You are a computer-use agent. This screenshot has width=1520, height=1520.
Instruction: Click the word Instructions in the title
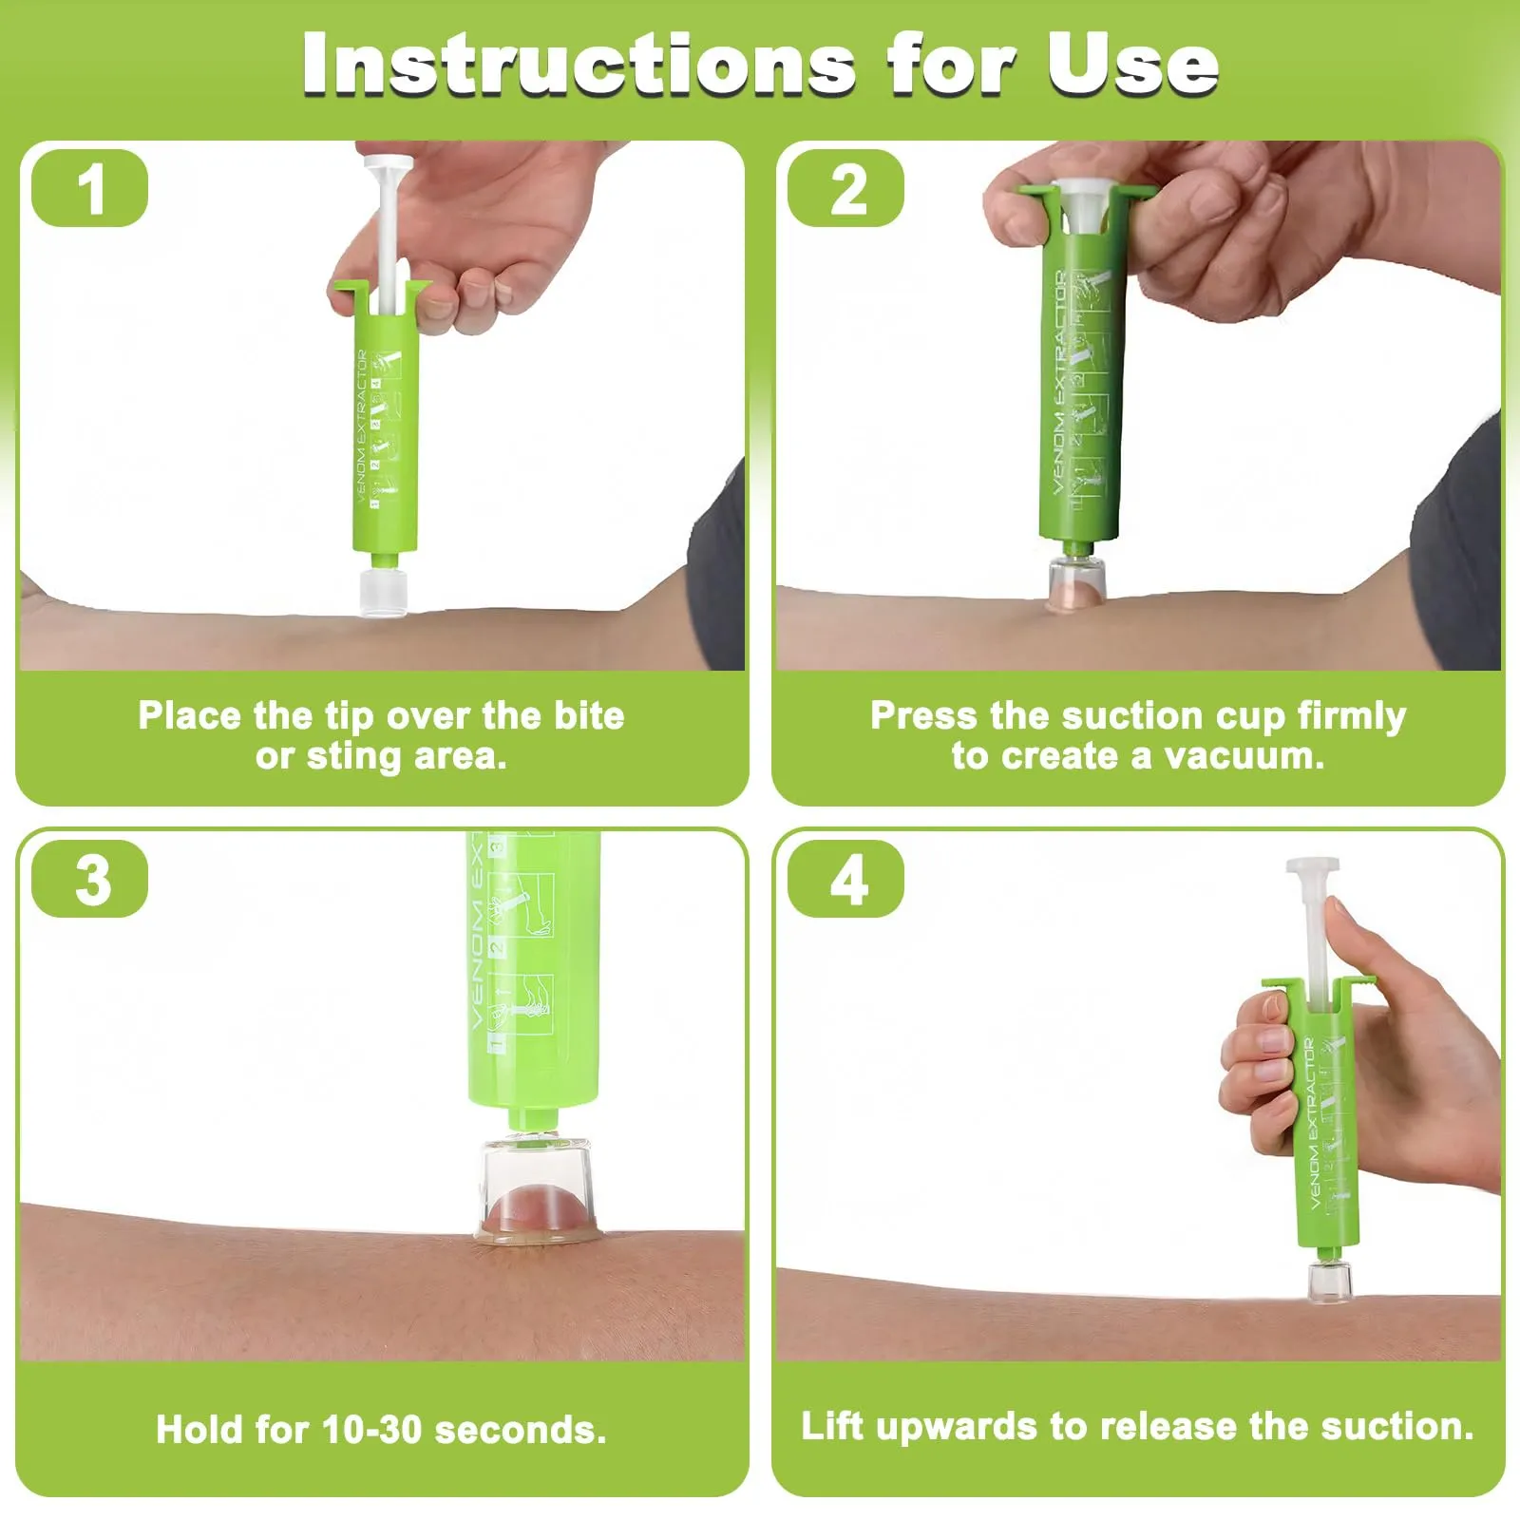coord(579,65)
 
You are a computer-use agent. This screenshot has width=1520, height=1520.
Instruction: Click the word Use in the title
coord(1132,65)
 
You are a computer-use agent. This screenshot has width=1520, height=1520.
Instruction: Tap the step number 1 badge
coord(90,188)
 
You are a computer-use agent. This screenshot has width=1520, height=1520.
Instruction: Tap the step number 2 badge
coord(846,188)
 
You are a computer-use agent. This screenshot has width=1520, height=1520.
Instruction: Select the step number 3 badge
coord(90,879)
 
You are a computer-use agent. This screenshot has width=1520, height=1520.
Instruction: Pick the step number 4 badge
coord(846,879)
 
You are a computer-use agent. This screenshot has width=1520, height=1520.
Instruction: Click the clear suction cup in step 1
coord(384,591)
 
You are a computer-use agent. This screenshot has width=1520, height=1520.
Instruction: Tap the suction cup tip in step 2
coord(1076,581)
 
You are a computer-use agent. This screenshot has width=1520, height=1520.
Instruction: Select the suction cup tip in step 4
coord(1329,1281)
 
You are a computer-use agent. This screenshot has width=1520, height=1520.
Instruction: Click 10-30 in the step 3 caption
coord(371,1430)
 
